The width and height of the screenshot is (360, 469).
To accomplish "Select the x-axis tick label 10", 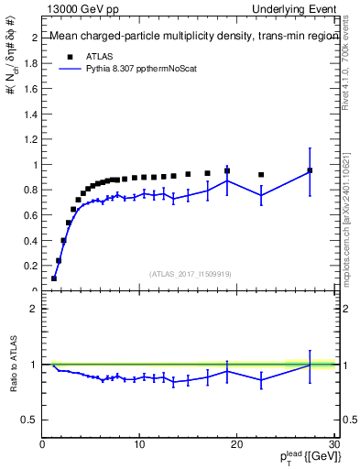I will (x=139, y=445).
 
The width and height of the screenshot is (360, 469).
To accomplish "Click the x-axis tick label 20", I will (x=236, y=445).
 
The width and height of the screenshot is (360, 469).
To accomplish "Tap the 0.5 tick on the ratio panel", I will (x=30, y=420).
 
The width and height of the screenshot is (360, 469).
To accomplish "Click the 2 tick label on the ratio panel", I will (x=34, y=309).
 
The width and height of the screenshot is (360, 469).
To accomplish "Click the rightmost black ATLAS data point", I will (x=310, y=170).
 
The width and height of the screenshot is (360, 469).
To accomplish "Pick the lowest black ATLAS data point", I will (x=54, y=278).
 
